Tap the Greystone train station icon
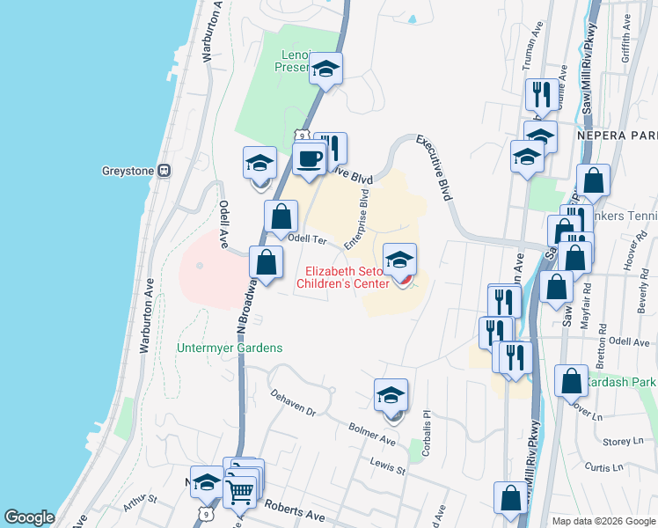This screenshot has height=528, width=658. [x=164, y=170]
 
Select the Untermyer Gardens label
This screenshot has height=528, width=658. [x=230, y=348]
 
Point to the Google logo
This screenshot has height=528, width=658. [x=30, y=517]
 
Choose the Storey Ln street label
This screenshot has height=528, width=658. [x=624, y=441]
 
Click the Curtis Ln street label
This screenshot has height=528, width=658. [x=627, y=466]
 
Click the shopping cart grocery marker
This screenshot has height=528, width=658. [x=241, y=489]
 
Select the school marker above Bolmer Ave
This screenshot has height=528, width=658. [x=391, y=397]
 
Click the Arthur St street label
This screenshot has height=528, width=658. [x=140, y=503]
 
